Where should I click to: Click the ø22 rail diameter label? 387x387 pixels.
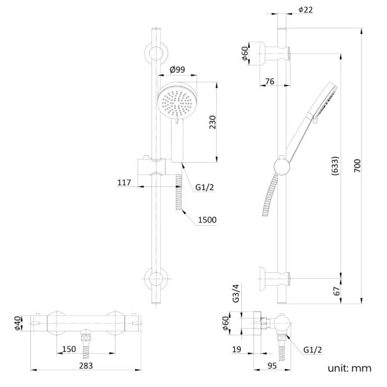[x=305, y=10]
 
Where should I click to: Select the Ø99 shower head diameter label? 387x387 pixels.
[x=177, y=70]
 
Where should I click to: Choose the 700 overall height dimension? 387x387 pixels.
[x=357, y=166]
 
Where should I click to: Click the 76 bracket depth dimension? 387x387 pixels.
[x=269, y=81]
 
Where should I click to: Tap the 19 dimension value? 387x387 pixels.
[x=236, y=349]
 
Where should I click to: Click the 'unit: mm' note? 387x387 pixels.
[x=349, y=369]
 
